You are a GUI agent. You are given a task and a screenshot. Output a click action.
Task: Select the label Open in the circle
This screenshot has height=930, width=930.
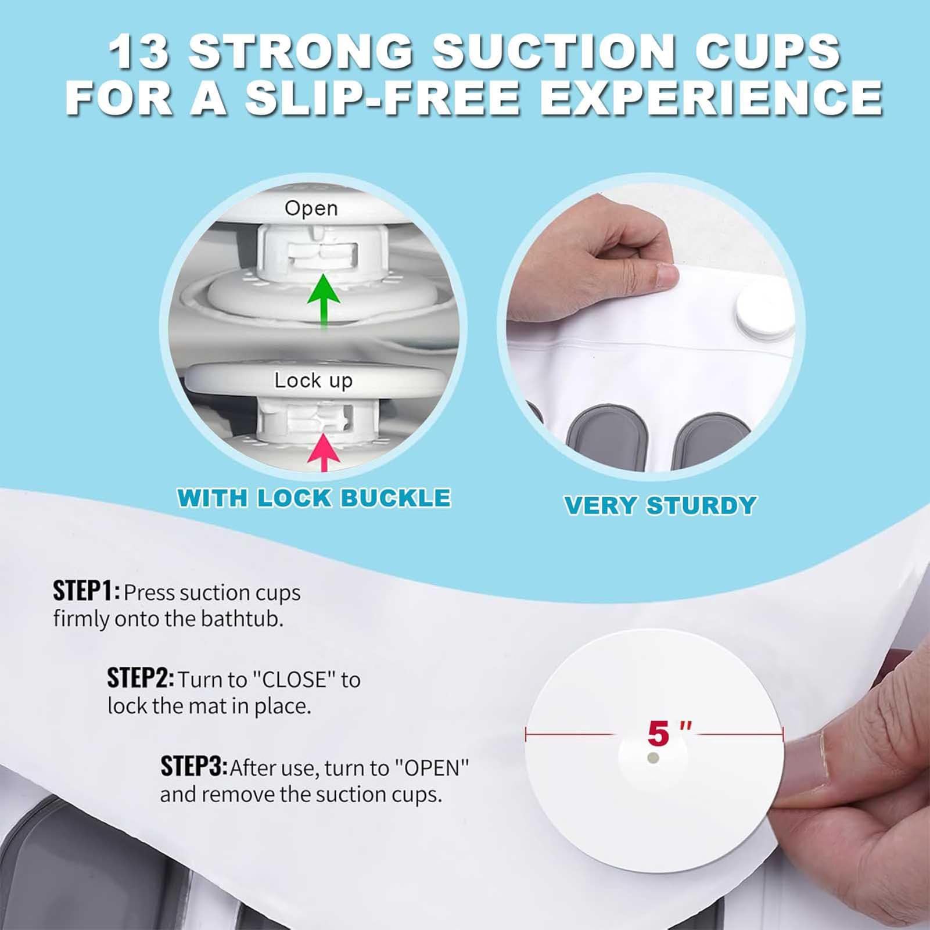point(311,209)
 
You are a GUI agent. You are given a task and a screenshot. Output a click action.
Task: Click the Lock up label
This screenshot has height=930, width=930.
point(313,380)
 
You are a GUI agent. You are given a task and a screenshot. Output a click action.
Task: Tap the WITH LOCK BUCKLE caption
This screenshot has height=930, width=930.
point(314,498)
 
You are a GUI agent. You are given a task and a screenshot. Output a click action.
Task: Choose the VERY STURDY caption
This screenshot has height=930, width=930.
point(660,505)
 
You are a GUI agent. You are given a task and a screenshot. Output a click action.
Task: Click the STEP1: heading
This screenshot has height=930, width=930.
point(87,591)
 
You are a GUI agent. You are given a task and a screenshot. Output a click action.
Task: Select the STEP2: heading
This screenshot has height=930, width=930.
point(141,678)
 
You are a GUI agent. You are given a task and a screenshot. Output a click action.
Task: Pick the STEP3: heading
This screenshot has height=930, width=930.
point(194,767)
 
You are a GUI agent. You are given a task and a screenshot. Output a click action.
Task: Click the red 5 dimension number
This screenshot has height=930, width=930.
point(659,733)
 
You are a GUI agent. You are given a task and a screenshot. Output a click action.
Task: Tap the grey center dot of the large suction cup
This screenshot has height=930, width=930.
point(653,758)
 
